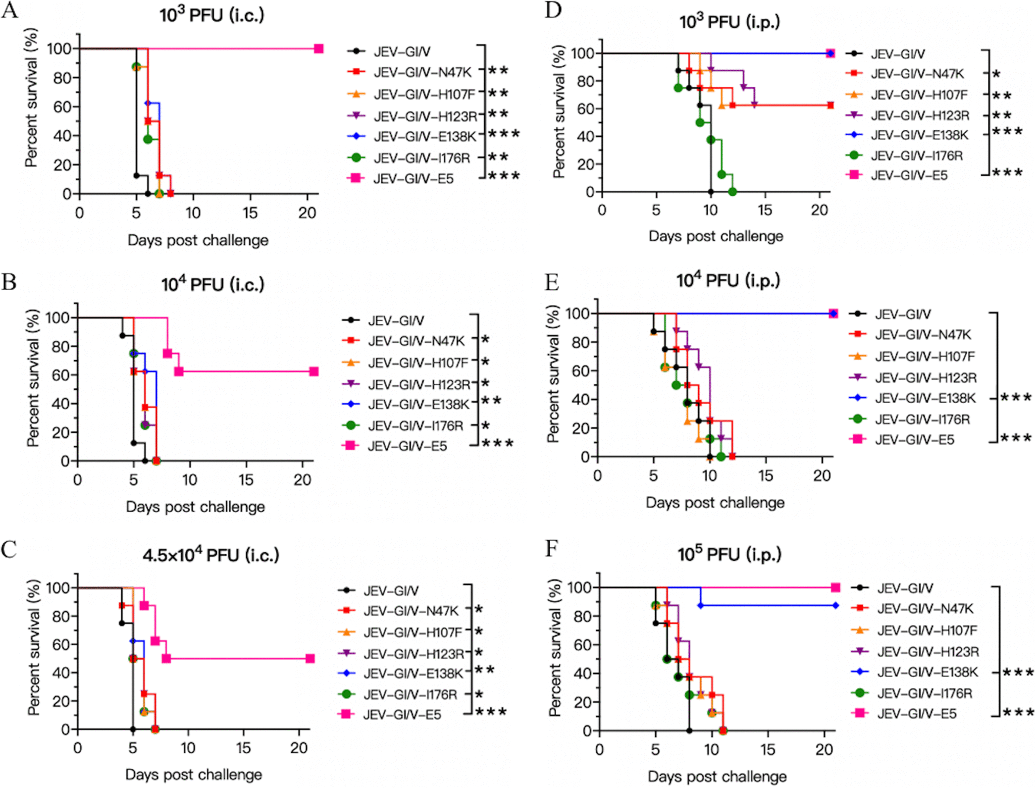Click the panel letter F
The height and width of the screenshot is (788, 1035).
[x=552, y=549]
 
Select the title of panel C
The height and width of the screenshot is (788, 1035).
[x=211, y=555]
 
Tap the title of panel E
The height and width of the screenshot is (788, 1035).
[x=728, y=281]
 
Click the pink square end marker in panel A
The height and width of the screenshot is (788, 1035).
[x=319, y=49]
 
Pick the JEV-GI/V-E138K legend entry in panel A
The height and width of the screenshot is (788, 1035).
[x=424, y=136]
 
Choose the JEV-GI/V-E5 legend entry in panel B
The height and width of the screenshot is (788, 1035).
[x=407, y=446]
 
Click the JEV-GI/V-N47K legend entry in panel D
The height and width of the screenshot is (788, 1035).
[x=917, y=74]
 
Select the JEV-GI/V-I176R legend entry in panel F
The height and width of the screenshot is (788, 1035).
[x=925, y=693]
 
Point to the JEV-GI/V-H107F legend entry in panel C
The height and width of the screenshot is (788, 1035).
[x=412, y=632]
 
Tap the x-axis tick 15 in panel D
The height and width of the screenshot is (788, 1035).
[x=765, y=210]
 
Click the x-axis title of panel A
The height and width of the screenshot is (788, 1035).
[x=198, y=240]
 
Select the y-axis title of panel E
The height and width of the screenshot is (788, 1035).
[x=553, y=374]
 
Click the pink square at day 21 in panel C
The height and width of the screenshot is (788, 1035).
[x=310, y=658]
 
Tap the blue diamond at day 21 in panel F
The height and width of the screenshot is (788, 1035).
[x=835, y=605]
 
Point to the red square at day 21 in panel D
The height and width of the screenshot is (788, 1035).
[x=830, y=105]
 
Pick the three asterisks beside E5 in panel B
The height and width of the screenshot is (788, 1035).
[x=497, y=443]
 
